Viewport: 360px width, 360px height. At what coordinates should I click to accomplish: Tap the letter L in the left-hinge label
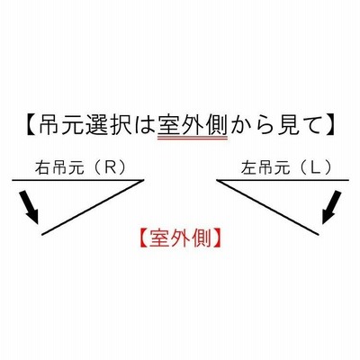(315, 168)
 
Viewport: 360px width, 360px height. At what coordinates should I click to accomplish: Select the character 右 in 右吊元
(42, 168)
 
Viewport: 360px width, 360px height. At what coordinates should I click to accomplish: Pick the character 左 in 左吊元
(248, 168)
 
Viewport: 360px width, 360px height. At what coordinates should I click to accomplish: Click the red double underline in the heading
(193, 139)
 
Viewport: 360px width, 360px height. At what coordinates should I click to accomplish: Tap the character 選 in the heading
(98, 124)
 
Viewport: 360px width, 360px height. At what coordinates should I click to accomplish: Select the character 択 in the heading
(121, 124)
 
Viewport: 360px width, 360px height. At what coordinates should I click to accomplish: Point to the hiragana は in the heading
(145, 124)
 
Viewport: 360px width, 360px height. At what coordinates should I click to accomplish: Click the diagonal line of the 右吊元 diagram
(93, 207)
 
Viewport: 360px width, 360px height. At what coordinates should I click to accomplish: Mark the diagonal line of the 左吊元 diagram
(267, 207)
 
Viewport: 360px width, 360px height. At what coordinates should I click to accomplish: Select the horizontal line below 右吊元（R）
(78, 180)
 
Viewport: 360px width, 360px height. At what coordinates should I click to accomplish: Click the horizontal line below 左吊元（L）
(283, 180)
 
